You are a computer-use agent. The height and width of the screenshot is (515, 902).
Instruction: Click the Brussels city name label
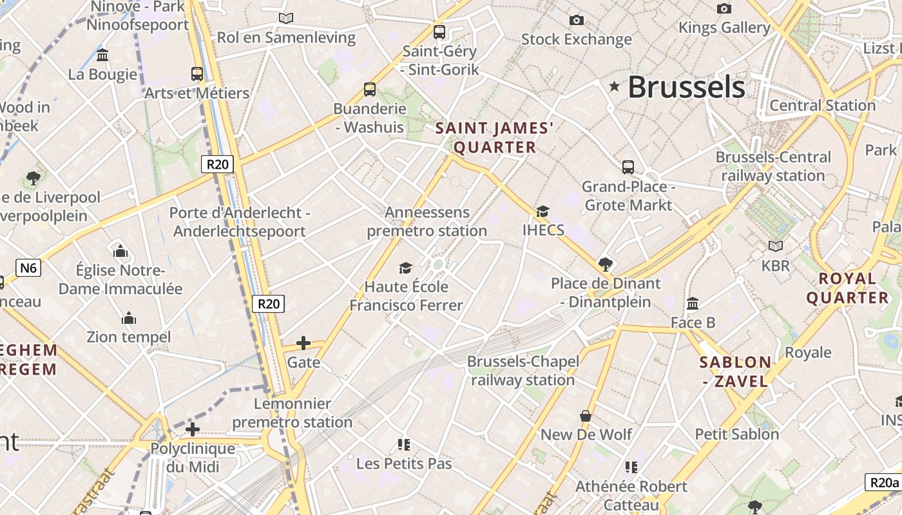point(686,87)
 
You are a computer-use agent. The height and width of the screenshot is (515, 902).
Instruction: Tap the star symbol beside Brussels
point(615,86)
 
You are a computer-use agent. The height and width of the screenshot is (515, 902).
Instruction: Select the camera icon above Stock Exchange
point(577,21)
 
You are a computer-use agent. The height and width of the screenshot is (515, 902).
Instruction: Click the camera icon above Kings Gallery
point(724,8)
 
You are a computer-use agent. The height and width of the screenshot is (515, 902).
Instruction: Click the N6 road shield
point(28,268)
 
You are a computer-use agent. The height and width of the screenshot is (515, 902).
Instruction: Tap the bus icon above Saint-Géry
point(439,32)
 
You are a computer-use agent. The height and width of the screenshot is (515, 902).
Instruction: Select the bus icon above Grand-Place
point(628,167)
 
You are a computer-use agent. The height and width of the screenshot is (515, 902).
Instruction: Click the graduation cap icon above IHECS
point(543,211)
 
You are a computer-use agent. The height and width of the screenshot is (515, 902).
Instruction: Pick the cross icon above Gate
point(303,343)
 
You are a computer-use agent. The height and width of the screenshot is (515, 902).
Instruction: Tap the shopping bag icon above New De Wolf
point(586,416)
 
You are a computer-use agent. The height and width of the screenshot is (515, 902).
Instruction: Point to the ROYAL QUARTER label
point(847,288)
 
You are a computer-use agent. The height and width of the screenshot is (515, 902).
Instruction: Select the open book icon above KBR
point(776,246)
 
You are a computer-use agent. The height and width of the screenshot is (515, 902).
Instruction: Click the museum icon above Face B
point(693,303)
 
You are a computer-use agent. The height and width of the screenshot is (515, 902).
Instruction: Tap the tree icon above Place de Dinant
point(605,264)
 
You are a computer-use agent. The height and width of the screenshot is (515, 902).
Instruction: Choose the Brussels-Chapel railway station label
point(523,371)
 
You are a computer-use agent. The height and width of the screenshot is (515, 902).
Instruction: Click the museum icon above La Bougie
point(102,55)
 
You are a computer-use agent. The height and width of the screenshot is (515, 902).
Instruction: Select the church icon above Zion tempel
point(129,318)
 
